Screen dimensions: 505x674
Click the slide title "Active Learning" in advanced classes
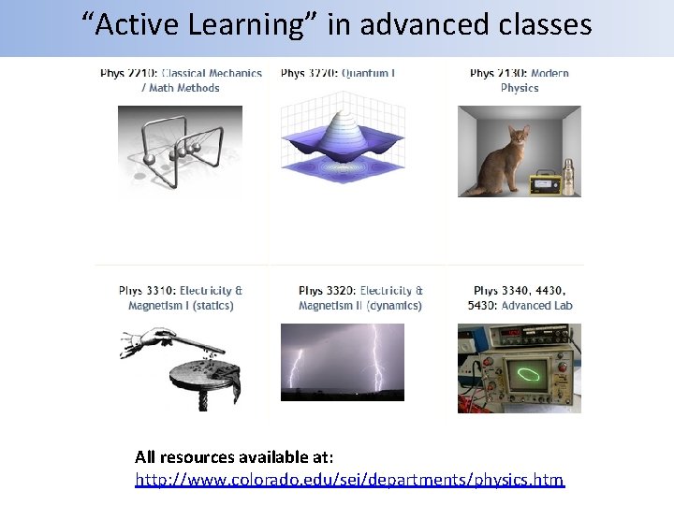tap(336, 25)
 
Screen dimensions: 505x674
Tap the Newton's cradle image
tap(179, 150)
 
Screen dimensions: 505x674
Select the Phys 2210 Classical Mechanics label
tap(181, 80)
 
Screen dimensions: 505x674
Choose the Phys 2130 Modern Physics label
tap(520, 80)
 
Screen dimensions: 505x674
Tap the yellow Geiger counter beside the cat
tap(545, 183)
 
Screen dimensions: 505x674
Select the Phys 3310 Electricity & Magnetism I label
tap(181, 298)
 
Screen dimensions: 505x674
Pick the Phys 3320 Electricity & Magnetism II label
tap(360, 298)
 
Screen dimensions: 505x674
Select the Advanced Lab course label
tap(520, 298)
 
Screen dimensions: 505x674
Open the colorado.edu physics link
tap(349, 480)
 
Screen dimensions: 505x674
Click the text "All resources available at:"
tap(234, 457)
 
